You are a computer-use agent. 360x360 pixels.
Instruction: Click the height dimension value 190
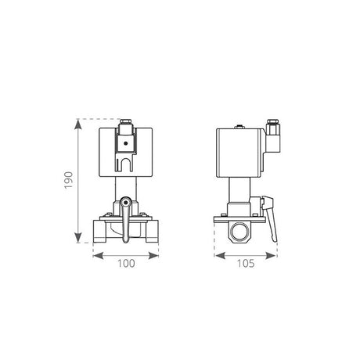(69, 180)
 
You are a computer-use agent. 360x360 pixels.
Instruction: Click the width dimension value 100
(126, 264)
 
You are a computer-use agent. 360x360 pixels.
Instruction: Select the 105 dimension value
(246, 264)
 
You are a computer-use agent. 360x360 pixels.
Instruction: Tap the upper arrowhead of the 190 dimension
(77, 124)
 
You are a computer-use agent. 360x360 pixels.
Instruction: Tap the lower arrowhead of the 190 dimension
(77, 238)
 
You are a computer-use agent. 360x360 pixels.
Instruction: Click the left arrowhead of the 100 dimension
(98, 256)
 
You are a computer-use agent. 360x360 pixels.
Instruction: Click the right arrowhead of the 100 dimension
(153, 256)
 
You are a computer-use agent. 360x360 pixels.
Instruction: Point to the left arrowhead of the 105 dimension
(220, 256)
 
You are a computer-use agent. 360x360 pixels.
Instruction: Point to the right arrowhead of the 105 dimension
(271, 256)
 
